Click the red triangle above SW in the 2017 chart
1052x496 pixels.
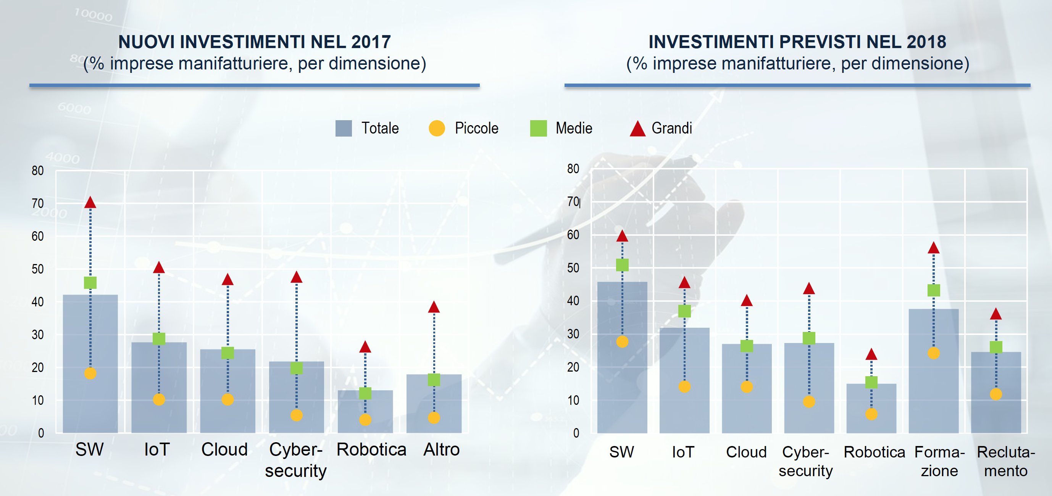point(90,203)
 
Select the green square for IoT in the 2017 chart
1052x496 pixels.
point(159,339)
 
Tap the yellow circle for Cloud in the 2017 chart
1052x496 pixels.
point(228,399)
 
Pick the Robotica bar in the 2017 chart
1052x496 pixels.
point(365,412)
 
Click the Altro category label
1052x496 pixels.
point(442,449)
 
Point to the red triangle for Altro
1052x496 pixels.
point(434,307)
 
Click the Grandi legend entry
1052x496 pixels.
point(661,128)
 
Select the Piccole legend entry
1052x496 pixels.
point(463,128)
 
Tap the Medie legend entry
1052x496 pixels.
point(561,128)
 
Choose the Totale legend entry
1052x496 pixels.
point(367,128)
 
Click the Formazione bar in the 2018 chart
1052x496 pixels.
point(934,371)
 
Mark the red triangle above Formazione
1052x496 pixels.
point(934,248)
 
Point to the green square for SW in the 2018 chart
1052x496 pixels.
point(622,265)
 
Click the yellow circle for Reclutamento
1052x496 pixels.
point(996,394)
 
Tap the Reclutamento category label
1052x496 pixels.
point(1006,461)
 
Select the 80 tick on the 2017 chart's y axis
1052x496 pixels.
point(37,171)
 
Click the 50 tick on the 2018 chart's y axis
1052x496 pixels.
point(573,268)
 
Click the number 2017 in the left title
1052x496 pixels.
point(371,42)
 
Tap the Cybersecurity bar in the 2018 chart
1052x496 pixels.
point(809,388)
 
